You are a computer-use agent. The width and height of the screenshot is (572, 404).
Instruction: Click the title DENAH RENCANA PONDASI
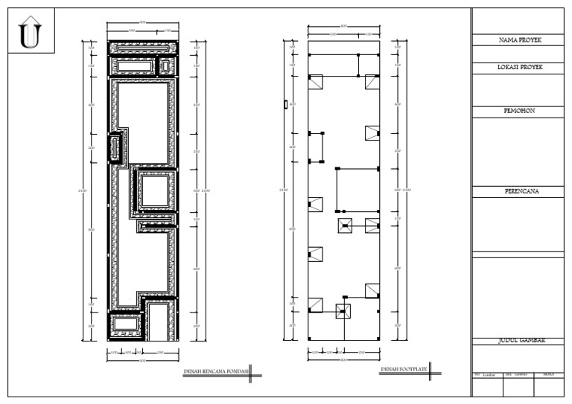[215, 370]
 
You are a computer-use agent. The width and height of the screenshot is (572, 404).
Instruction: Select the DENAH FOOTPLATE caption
[404, 369]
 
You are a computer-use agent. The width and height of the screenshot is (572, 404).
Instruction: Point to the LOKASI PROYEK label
[521, 67]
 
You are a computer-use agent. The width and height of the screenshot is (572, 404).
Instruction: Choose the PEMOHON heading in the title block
[521, 110]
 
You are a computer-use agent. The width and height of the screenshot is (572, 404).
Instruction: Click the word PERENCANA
[521, 191]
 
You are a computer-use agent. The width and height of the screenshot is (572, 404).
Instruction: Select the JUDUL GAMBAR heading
[521, 340]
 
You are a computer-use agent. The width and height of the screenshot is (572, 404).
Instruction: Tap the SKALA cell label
[549, 374]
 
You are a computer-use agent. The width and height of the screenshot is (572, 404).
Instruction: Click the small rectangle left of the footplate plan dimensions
[285, 105]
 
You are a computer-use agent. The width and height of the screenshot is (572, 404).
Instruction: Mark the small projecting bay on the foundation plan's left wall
[115, 147]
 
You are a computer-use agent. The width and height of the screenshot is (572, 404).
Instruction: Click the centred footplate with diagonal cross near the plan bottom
[343, 312]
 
